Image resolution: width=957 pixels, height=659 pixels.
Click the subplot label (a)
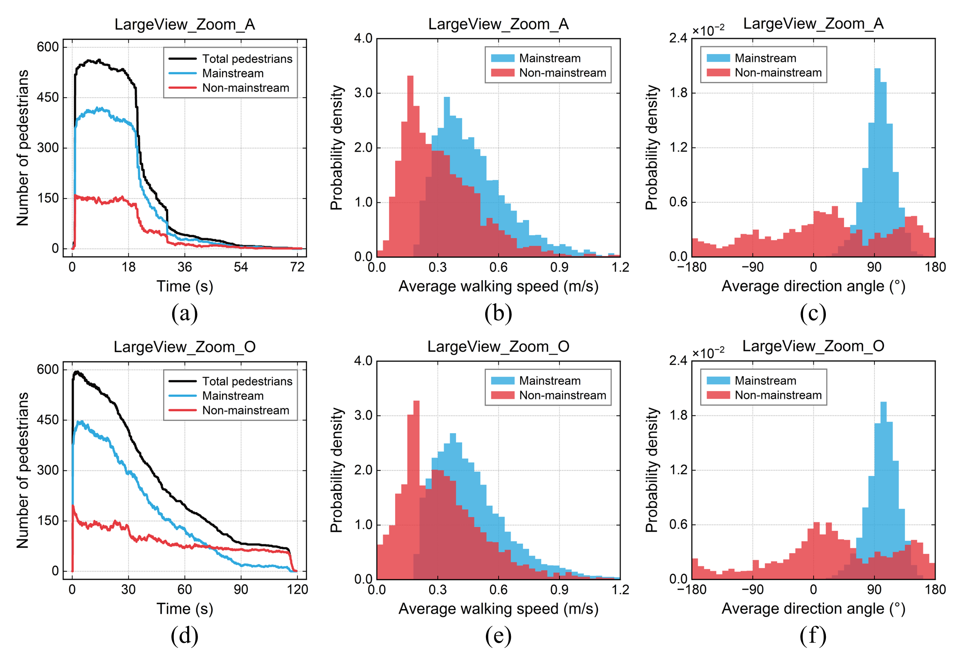[184, 314]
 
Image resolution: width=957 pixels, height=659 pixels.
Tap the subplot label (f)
[813, 636]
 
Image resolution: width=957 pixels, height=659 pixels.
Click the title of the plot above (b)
[498, 24]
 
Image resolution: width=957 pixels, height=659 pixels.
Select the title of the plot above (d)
[184, 347]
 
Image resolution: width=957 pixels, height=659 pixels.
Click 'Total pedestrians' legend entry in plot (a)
[247, 59]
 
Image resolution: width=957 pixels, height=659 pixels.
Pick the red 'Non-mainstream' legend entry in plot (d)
[245, 410]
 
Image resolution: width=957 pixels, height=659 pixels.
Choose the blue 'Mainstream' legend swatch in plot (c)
[718, 58]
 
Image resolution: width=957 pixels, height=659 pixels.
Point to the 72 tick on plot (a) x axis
[297, 267]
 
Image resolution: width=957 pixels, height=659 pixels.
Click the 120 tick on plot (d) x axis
[297, 590]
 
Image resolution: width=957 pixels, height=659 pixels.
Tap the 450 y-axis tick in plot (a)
[48, 98]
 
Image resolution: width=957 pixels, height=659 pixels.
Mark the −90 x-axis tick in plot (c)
[752, 267]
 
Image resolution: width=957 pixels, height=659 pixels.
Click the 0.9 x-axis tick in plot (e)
[559, 590]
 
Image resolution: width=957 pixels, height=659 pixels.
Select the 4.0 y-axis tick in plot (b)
[363, 39]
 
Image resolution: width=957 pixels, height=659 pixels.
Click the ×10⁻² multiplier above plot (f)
[708, 353]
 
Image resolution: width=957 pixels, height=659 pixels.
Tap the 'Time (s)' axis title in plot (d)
[184, 609]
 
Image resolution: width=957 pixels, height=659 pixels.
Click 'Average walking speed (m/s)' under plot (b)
[498, 287]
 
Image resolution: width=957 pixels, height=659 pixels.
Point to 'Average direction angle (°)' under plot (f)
[813, 609]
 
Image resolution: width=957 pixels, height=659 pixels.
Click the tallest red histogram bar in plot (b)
[410, 166]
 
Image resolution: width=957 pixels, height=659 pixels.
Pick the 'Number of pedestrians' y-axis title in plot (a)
[23, 148]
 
